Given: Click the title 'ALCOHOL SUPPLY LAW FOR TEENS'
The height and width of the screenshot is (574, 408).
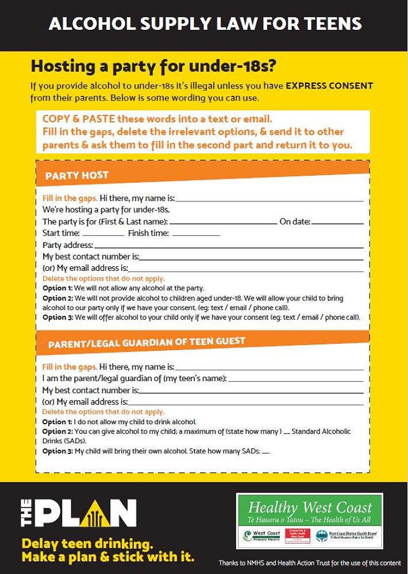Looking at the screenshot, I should pyautogui.click(x=205, y=24).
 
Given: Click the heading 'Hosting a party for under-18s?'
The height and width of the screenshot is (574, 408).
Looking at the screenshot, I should pyautogui.click(x=153, y=67).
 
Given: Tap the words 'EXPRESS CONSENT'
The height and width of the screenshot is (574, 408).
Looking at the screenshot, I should pyautogui.click(x=329, y=86).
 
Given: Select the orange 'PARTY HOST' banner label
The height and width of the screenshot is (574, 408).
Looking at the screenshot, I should pyautogui.click(x=77, y=176).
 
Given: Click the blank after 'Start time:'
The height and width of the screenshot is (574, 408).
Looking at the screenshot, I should pyautogui.click(x=103, y=235).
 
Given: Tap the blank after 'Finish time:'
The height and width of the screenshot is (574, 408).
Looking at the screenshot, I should pyautogui.click(x=196, y=235).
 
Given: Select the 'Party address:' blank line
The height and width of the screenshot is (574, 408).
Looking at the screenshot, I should pyautogui.click(x=229, y=247).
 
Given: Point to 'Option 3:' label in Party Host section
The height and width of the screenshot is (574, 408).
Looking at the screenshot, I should pyautogui.click(x=58, y=317).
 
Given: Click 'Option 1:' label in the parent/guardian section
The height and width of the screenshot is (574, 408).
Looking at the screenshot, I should pyautogui.click(x=57, y=422).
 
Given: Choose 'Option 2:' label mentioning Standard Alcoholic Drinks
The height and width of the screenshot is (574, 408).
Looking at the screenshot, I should pyautogui.click(x=57, y=432).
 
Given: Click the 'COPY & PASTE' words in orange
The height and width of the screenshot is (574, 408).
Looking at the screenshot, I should pyautogui.click(x=78, y=119).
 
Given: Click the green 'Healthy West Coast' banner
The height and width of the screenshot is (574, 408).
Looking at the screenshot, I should pyautogui.click(x=310, y=508).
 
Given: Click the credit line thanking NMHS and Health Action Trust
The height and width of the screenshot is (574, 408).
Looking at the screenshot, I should pyautogui.click(x=309, y=563).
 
